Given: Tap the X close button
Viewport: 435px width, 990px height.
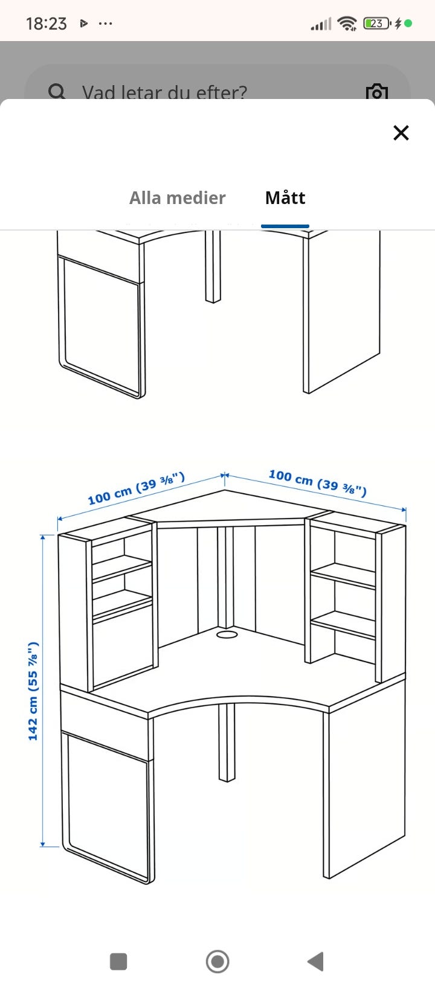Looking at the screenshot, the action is (x=401, y=133).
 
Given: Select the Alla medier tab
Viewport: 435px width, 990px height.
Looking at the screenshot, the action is (x=178, y=198).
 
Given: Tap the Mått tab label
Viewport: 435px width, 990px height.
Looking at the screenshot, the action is (x=285, y=197).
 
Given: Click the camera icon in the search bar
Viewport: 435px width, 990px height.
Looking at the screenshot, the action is (x=376, y=92).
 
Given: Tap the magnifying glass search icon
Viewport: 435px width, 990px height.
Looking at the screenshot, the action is (x=57, y=92).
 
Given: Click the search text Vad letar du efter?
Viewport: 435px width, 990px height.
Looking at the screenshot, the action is (x=164, y=92).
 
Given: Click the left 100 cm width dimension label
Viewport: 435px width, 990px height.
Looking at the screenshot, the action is (x=137, y=488).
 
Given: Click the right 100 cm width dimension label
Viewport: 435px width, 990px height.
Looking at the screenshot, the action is (x=318, y=482).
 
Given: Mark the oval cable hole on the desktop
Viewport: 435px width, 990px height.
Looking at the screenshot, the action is (x=227, y=634).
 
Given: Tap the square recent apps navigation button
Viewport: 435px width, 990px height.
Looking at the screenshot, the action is (x=118, y=961).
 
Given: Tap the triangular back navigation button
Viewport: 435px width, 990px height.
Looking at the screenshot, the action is (x=316, y=961).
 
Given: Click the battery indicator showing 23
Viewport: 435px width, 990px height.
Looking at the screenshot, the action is (x=376, y=23).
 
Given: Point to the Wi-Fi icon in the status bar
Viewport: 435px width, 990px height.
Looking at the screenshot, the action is (x=347, y=23).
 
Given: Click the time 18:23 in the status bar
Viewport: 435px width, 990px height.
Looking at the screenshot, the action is (x=46, y=24).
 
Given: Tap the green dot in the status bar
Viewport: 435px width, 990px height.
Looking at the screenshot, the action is (x=408, y=23).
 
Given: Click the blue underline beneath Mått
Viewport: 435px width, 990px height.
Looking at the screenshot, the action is (x=285, y=226).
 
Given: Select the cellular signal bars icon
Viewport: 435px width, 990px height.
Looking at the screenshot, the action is (x=321, y=24).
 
